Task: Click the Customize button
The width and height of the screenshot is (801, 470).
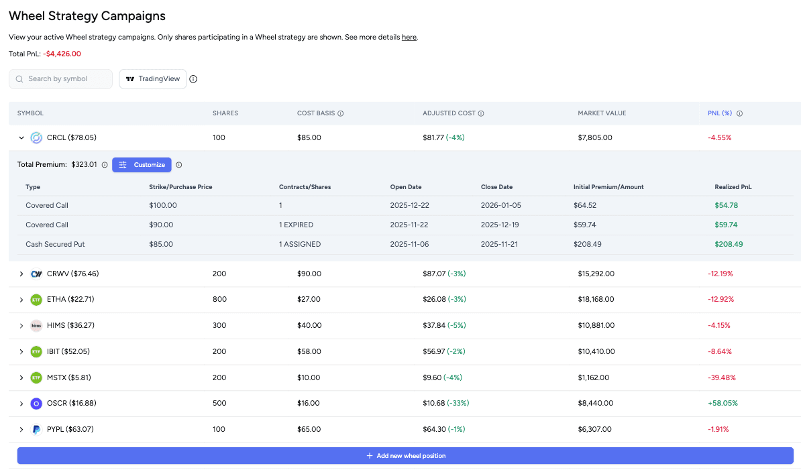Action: tap(142, 165)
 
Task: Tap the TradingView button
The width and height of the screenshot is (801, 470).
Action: tap(152, 79)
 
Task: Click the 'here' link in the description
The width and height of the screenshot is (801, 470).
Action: tap(409, 38)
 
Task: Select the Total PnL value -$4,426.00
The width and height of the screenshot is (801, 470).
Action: tap(62, 54)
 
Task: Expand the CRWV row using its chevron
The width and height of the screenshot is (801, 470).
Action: tap(21, 274)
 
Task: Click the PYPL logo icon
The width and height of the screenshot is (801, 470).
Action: tap(36, 430)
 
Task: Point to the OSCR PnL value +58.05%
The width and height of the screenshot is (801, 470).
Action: tap(722, 404)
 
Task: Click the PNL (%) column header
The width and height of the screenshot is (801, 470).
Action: tap(720, 113)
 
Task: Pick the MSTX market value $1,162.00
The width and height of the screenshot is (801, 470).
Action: tap(593, 377)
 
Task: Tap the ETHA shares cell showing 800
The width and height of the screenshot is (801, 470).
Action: tap(219, 300)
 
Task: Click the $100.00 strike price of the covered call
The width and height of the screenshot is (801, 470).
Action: tap(163, 205)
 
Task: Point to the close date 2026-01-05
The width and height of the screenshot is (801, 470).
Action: tap(501, 205)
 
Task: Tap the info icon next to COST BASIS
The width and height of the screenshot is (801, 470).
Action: tap(341, 114)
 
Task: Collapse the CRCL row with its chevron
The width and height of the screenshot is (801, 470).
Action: tap(21, 138)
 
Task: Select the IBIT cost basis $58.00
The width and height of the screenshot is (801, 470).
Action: tap(309, 351)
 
